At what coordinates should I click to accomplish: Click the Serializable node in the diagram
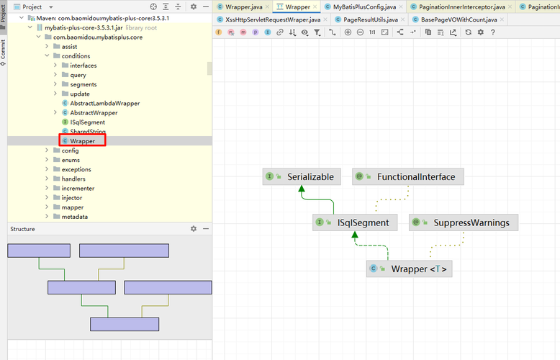pos(302,177)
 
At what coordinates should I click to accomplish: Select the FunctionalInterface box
pos(408,177)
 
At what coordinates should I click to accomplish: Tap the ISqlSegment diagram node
pos(355,222)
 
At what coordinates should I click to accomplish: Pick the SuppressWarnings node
pos(464,222)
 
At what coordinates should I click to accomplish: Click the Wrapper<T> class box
pos(410,269)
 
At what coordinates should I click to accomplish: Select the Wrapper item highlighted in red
pos(82,140)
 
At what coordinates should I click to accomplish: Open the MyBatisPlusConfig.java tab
pos(364,6)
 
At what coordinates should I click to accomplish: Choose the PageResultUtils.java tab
pos(371,19)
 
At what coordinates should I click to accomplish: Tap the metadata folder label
pos(75,217)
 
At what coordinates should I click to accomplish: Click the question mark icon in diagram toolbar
pos(493,32)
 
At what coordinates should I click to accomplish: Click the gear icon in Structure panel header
pos(194,228)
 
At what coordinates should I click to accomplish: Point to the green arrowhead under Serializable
pos(302,188)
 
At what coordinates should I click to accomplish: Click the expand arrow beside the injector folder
pos(47,197)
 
